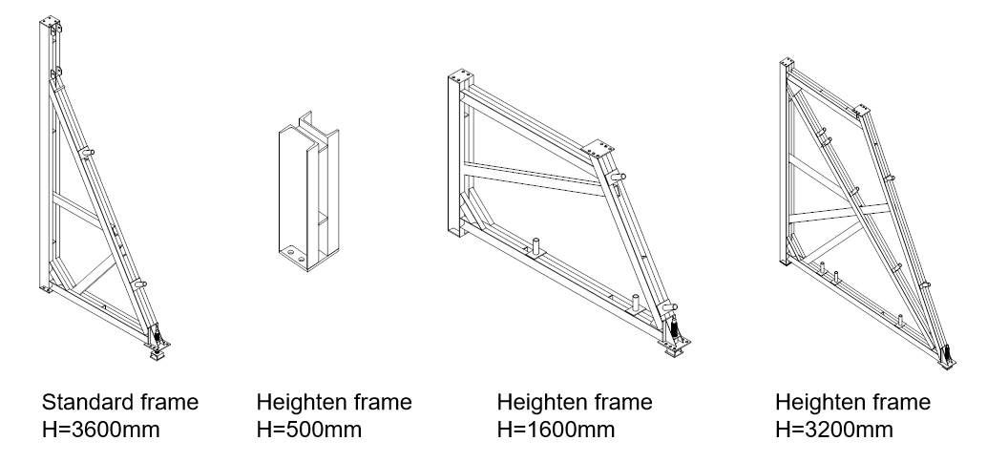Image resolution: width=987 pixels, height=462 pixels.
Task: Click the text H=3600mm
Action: click(x=101, y=430)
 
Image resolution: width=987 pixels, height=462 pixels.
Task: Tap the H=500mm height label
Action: click(x=309, y=430)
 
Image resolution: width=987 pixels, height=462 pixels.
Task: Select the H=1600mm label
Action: click(x=556, y=430)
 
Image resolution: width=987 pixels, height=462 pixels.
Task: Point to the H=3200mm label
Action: click(x=834, y=430)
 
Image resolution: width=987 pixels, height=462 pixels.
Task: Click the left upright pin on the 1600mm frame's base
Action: click(x=537, y=246)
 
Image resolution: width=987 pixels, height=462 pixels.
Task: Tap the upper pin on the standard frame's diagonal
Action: click(x=88, y=152)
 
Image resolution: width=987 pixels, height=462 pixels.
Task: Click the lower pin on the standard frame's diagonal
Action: click(x=140, y=283)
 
